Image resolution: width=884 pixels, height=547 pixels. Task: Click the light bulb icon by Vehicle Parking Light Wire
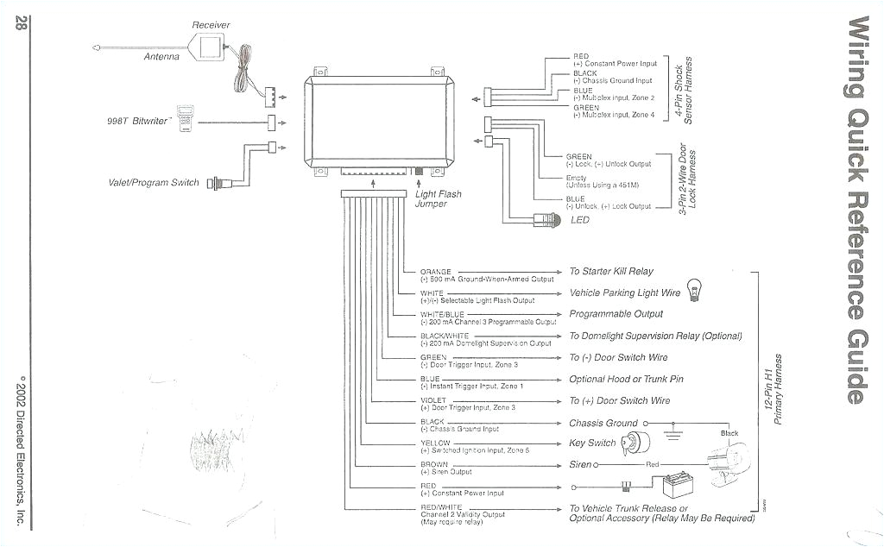pyautogui.click(x=694, y=290)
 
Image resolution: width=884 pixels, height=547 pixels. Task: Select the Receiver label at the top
pyautogui.click(x=211, y=25)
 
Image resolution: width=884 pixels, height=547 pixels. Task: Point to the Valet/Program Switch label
pyautogui.click(x=154, y=183)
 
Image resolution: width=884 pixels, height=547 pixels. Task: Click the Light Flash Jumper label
pyautogui.click(x=439, y=199)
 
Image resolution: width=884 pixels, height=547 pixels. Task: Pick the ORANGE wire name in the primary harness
pyautogui.click(x=436, y=272)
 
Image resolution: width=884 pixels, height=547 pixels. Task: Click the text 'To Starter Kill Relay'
pyautogui.click(x=611, y=272)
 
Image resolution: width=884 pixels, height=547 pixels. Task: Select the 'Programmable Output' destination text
pyautogui.click(x=616, y=314)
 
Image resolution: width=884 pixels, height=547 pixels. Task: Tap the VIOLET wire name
pyautogui.click(x=433, y=400)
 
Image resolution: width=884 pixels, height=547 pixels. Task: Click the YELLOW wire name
pyautogui.click(x=435, y=443)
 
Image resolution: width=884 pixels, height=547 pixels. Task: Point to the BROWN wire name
pyautogui.click(x=434, y=465)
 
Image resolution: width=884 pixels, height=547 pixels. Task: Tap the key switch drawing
pyautogui.click(x=636, y=443)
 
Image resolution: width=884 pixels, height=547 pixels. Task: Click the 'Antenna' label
pyautogui.click(x=161, y=57)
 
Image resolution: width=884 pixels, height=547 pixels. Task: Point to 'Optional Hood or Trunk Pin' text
pyautogui.click(x=626, y=379)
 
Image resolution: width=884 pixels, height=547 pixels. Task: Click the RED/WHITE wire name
pyautogui.click(x=441, y=507)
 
